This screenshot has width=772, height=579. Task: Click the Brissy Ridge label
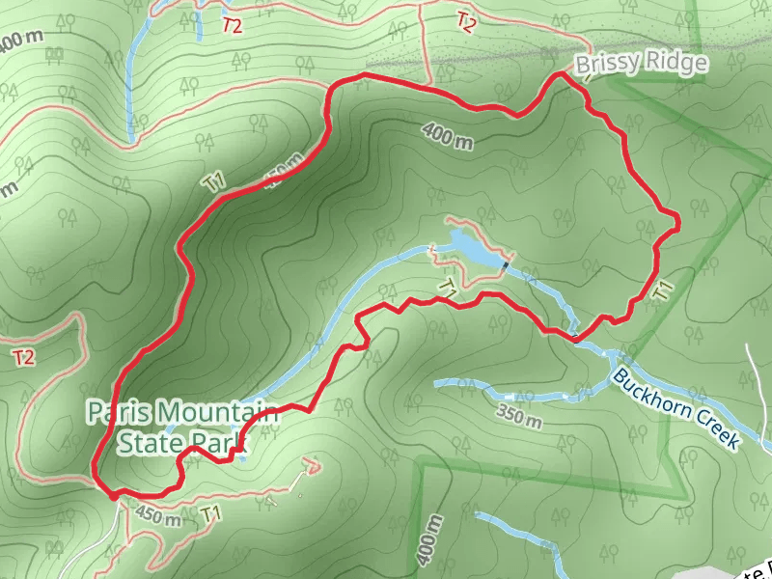point(641,65)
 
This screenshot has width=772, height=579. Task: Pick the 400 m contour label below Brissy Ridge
point(448,136)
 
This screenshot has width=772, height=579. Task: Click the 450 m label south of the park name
point(158,516)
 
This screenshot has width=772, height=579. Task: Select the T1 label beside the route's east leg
point(662,289)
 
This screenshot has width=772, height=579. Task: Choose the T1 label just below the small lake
point(448,287)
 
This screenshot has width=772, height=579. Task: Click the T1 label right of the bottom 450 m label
point(214,513)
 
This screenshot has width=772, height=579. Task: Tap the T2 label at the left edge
point(23,358)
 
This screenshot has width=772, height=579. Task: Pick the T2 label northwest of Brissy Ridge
point(466,20)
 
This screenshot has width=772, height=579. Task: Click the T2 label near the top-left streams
point(232,26)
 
